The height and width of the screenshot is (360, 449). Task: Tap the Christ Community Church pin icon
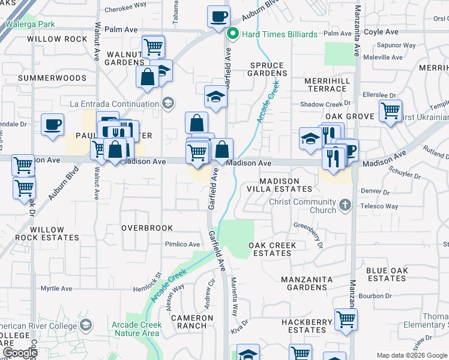click(345, 206)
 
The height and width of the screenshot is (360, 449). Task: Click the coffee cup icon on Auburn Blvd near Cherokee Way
click(218, 16)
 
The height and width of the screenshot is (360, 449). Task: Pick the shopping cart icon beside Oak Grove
click(390, 110)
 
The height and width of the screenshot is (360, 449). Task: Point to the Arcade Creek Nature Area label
click(136, 329)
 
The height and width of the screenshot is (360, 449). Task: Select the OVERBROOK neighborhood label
click(147, 228)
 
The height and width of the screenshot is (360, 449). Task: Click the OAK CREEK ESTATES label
click(272, 249)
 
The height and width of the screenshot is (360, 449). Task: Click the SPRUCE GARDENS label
click(267, 69)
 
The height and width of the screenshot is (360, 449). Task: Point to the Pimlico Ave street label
click(182, 244)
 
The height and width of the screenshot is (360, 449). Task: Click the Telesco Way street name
click(379, 206)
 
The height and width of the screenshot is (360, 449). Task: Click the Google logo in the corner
click(20, 353)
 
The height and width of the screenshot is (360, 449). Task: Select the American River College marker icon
click(86, 325)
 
